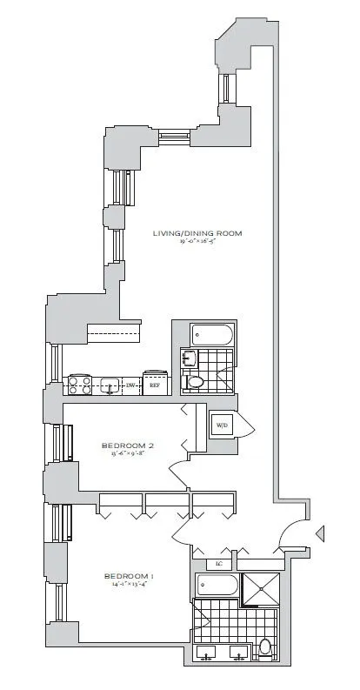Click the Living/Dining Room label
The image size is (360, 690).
pyautogui.click(x=197, y=233)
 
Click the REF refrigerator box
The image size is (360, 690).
pyautogui.click(x=155, y=384)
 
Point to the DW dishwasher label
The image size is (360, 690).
pyautogui.click(x=130, y=384)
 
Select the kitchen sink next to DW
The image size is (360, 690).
pyautogui.click(x=110, y=384)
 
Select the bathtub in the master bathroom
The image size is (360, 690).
pyautogui.click(x=217, y=586)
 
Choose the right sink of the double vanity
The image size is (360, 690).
pyautogui.click(x=237, y=652)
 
